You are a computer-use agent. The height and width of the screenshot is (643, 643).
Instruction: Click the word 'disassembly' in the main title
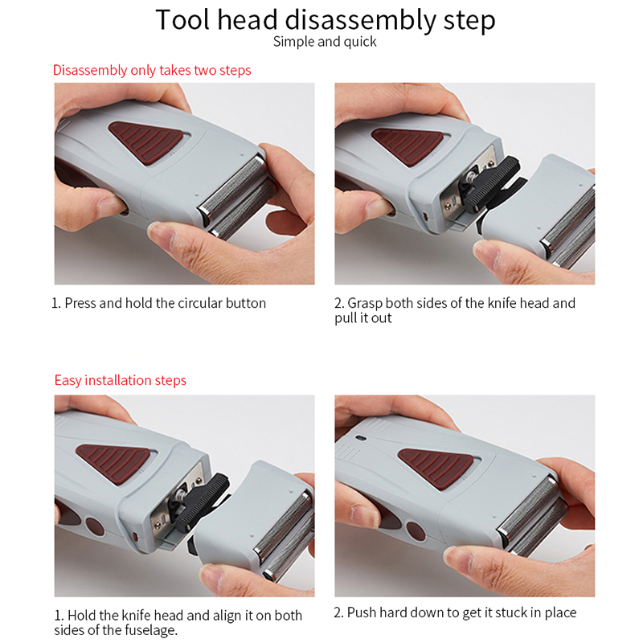point(360,21)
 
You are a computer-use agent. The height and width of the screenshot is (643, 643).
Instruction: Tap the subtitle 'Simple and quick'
point(325,42)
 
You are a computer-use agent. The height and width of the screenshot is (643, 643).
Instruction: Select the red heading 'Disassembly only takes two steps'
point(152,71)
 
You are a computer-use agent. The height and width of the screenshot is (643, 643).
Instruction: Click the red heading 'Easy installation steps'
point(120,380)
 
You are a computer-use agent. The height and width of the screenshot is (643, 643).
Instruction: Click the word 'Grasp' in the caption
point(366,303)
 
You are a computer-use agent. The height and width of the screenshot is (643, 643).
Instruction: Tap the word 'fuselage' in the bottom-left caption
point(150,630)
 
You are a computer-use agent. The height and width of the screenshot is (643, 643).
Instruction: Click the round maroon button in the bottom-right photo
point(416,531)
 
